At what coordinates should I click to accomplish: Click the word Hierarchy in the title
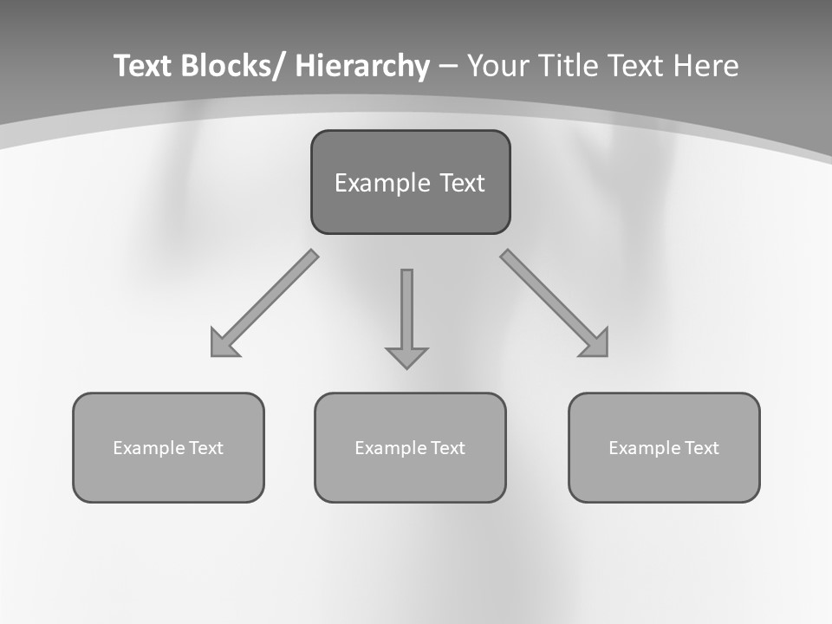(x=362, y=66)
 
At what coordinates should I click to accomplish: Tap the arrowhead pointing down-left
(x=222, y=345)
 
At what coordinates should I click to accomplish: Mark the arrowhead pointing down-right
(x=595, y=344)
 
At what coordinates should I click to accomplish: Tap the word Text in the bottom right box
(x=701, y=448)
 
